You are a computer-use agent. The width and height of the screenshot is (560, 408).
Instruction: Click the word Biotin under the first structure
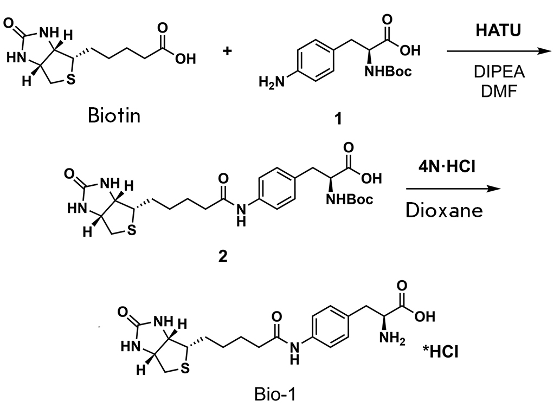(x=114, y=115)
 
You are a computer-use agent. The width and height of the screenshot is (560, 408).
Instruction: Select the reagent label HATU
(x=498, y=30)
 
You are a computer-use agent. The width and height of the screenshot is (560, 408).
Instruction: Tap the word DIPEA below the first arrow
(x=499, y=72)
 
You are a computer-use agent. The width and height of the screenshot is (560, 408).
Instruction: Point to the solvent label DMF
(x=499, y=92)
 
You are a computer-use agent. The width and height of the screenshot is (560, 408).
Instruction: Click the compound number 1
(x=338, y=118)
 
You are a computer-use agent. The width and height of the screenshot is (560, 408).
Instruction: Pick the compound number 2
(x=223, y=256)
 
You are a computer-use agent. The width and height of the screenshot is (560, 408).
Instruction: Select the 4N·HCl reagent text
(x=447, y=166)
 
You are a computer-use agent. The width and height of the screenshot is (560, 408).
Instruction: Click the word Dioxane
(x=445, y=211)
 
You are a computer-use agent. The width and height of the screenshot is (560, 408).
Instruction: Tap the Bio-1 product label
(x=275, y=394)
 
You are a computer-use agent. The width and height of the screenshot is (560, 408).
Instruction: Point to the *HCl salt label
(x=440, y=352)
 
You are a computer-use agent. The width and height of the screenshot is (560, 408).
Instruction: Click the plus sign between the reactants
(x=227, y=51)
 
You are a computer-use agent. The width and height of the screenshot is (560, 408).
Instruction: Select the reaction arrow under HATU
(x=499, y=51)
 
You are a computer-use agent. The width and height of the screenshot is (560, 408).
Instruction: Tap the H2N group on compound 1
(x=272, y=82)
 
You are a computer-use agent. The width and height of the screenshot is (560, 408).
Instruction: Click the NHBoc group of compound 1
(x=388, y=72)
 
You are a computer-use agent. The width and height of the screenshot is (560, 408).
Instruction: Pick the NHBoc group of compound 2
(x=349, y=199)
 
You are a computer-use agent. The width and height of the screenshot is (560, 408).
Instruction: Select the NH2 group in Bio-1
(x=392, y=338)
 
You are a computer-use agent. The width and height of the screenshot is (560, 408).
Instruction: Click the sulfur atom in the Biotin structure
(x=72, y=79)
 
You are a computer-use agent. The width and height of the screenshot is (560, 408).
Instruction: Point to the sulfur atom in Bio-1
(x=185, y=368)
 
